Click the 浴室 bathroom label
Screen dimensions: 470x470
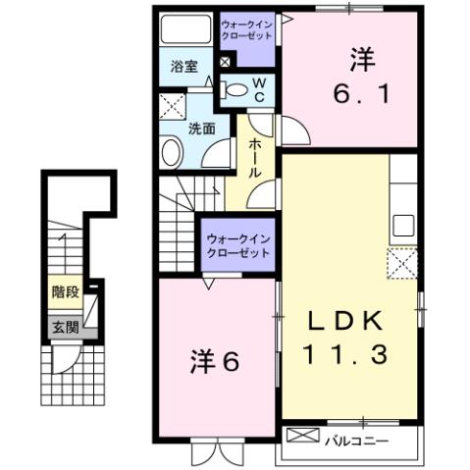(183, 68)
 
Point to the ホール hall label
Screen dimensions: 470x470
(253, 158)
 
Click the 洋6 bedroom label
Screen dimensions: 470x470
(215, 361)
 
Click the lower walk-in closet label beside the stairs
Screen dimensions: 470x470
(238, 243)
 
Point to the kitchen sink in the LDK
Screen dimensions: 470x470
(404, 224)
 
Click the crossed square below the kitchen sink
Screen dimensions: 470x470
(400, 263)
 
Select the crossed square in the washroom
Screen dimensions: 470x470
(172, 106)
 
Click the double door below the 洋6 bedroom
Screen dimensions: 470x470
(214, 452)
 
